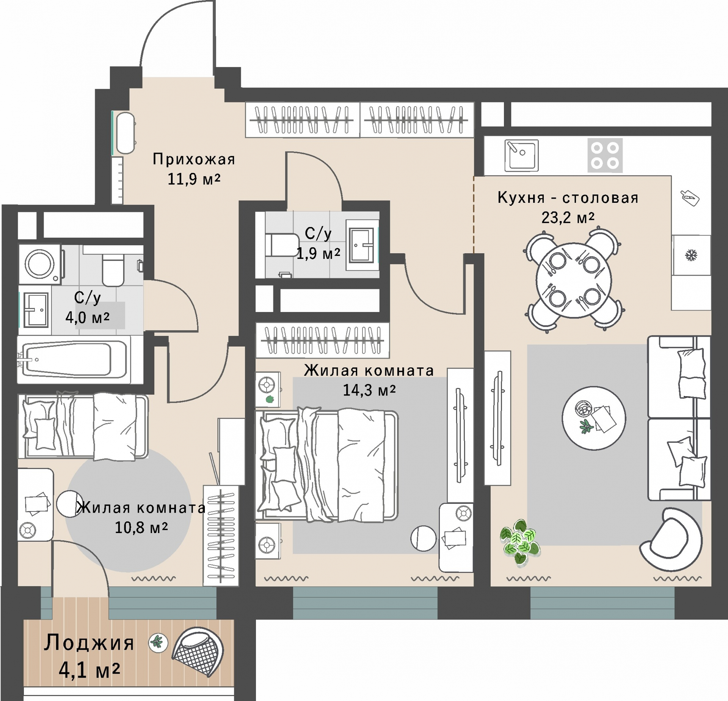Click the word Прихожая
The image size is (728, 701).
pos(194,159)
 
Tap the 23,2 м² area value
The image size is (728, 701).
pos(568,218)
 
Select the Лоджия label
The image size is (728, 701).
pos(89,643)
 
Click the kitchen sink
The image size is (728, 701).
pos(521,155)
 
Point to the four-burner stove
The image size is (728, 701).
pos(605,155)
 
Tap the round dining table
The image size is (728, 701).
pos(574,280)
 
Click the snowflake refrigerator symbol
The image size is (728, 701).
pos(691,255)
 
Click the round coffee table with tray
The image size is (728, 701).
pos(594,418)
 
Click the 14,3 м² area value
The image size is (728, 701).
pos(369,390)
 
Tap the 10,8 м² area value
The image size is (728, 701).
pos(141,527)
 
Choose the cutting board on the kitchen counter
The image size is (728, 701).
pos(690,198)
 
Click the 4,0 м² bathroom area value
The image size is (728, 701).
pos(87,317)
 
